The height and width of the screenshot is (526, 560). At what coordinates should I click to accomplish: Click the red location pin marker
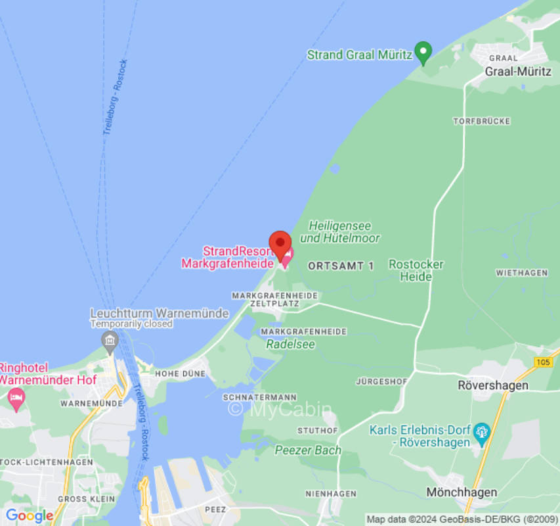[x=280, y=245]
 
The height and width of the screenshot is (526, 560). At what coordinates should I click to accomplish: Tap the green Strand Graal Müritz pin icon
[x=424, y=53]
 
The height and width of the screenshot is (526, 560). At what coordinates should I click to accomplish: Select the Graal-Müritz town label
[x=517, y=72]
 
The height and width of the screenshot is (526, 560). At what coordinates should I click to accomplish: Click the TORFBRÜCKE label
[x=481, y=122]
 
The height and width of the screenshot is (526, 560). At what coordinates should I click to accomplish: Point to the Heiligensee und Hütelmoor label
[x=339, y=232]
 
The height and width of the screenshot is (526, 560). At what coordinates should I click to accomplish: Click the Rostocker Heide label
[x=416, y=270]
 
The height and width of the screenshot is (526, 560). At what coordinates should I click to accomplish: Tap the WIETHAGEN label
[x=521, y=273]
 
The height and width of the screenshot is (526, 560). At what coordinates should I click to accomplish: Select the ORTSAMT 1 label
[x=341, y=266]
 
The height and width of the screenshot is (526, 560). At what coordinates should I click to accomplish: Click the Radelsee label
[x=290, y=344]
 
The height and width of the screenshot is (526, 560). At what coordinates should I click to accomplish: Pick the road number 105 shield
[x=543, y=362]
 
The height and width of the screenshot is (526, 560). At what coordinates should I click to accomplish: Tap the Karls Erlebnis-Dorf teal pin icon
[x=483, y=433]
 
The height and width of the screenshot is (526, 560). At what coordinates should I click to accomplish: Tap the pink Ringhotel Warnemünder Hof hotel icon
[x=16, y=397]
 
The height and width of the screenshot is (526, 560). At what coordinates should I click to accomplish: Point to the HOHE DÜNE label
[x=180, y=373]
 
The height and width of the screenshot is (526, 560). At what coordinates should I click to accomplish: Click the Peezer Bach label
[x=308, y=450]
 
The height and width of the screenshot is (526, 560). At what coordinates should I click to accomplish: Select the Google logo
[x=29, y=515]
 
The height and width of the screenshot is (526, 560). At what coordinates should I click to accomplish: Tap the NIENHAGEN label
[x=331, y=493]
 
